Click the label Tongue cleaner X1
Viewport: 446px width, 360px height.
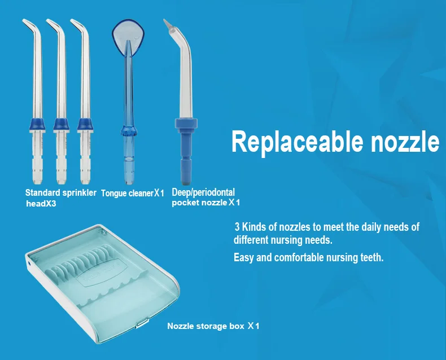coord(132,194)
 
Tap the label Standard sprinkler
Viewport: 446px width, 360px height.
coord(61,192)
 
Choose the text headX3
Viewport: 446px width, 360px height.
coord(41,204)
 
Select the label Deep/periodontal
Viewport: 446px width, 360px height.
coord(203,192)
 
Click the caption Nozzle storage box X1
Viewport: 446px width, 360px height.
coord(213,326)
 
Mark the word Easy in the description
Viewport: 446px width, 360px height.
coord(244,258)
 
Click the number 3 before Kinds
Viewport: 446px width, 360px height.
coord(237,227)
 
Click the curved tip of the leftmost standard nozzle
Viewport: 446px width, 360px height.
coord(25,23)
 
